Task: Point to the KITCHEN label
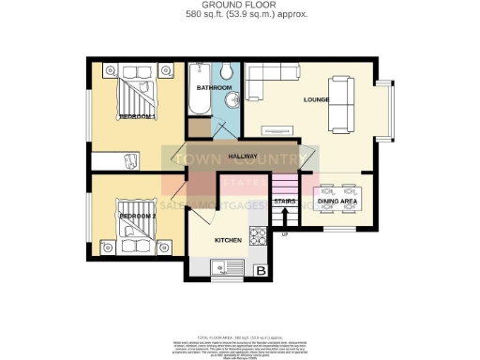(229, 240)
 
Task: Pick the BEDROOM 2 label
(137, 217)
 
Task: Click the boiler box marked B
(262, 272)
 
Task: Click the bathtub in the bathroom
(200, 92)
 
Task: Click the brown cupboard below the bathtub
(200, 127)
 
